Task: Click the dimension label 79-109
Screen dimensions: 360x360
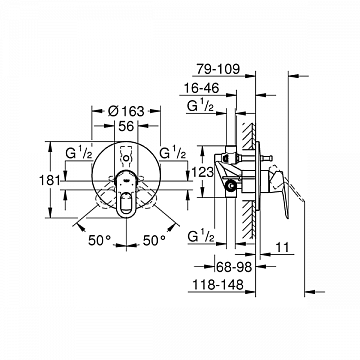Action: click(218, 69)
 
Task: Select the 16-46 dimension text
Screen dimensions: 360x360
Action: click(202, 88)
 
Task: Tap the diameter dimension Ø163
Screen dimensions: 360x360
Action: click(126, 111)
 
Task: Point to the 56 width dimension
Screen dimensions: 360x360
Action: click(126, 126)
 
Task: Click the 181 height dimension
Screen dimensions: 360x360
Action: click(50, 180)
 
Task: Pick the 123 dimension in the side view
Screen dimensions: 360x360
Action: click(203, 172)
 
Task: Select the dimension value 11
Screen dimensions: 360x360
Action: click(282, 248)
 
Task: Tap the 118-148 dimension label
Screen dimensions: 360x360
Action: click(218, 285)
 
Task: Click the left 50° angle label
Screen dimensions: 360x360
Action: click(99, 240)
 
